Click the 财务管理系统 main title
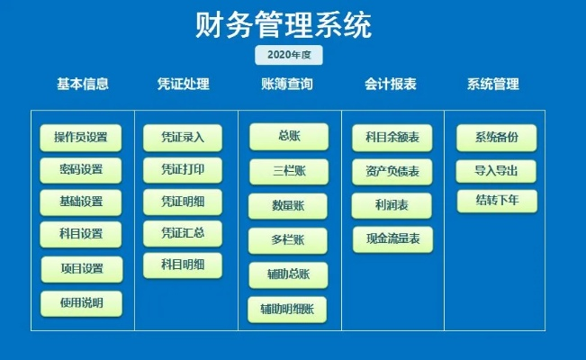(x=284, y=24)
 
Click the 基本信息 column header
(x=83, y=85)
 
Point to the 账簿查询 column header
(x=287, y=85)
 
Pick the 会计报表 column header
(x=390, y=85)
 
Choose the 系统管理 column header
(x=492, y=85)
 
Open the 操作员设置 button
(x=81, y=138)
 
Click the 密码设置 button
(x=81, y=170)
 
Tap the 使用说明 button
(x=81, y=303)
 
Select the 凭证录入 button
(x=183, y=138)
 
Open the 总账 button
(x=288, y=137)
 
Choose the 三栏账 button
(x=288, y=171)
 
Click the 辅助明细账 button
(x=288, y=310)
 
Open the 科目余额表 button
(x=392, y=138)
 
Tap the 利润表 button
(x=392, y=205)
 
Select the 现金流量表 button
(x=392, y=240)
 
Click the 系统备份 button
(x=496, y=138)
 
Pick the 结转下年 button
(x=496, y=200)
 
